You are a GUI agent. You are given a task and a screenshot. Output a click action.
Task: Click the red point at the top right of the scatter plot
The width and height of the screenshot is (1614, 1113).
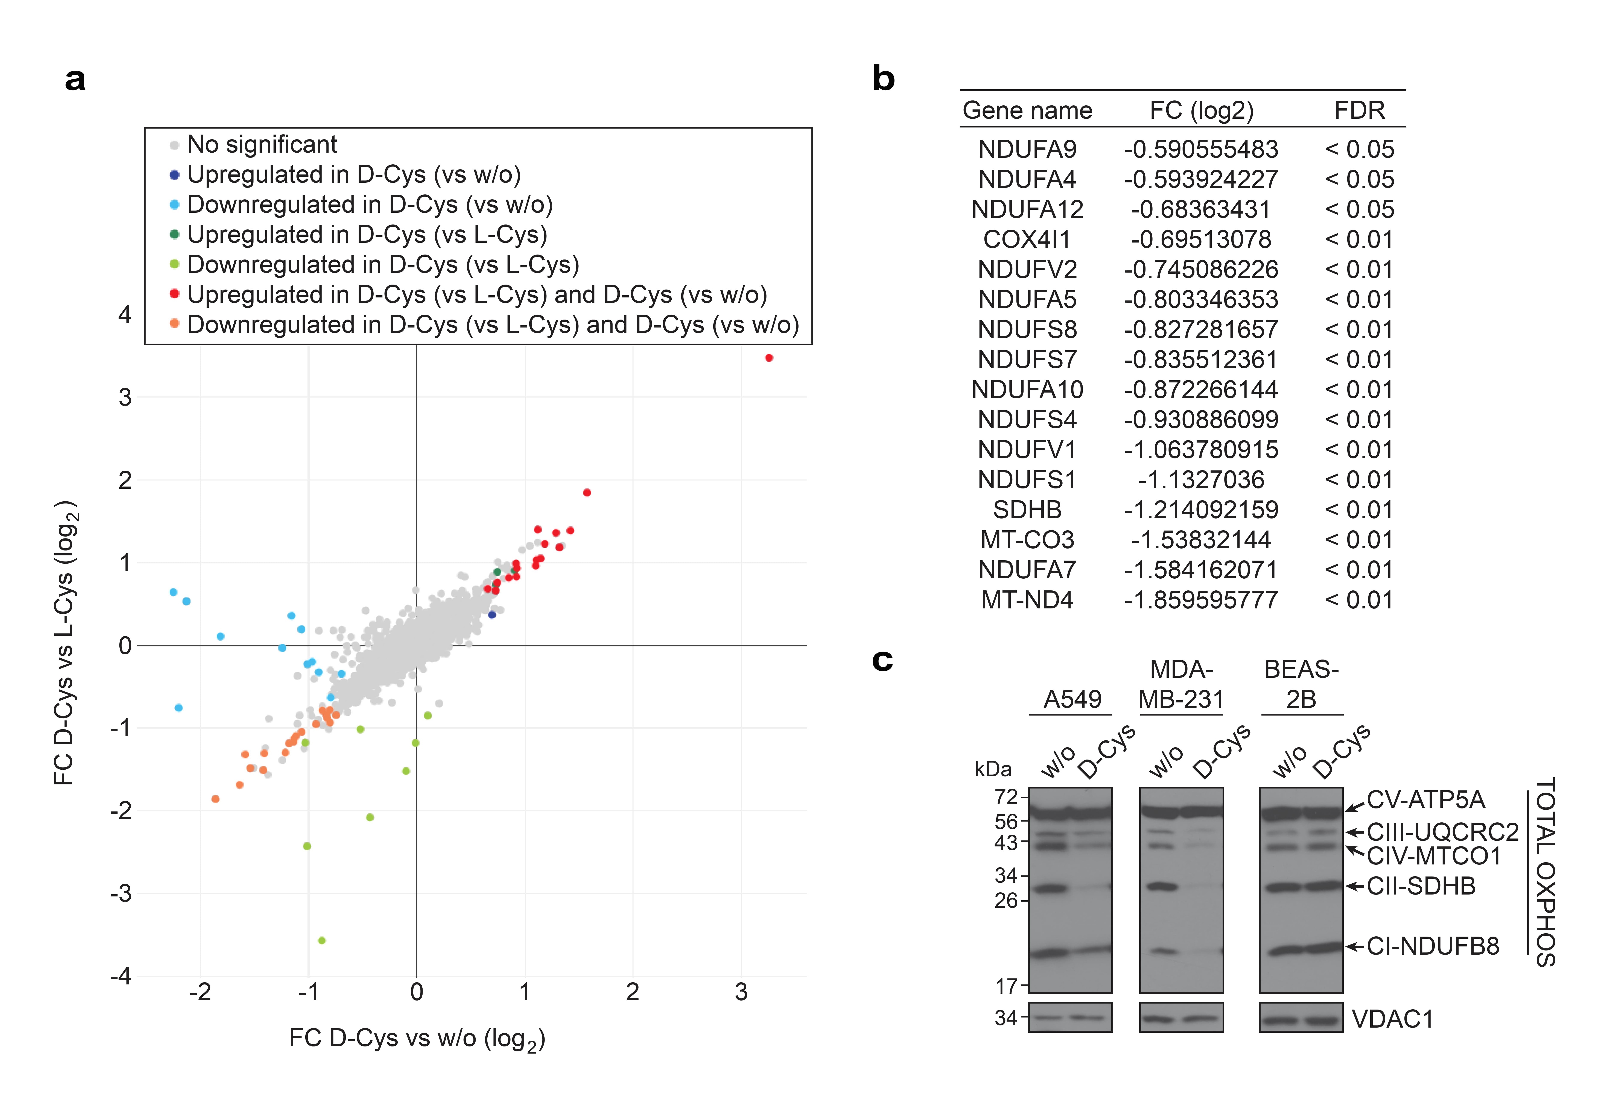(769, 358)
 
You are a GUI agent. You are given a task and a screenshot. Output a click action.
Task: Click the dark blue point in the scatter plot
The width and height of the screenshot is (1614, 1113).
(492, 614)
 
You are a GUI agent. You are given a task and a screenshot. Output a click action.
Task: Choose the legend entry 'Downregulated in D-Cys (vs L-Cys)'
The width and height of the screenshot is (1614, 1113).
(383, 264)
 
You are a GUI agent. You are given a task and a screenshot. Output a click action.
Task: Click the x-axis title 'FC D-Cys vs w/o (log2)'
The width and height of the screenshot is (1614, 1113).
(416, 1038)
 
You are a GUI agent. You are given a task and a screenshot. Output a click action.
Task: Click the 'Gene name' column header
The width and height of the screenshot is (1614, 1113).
(1027, 110)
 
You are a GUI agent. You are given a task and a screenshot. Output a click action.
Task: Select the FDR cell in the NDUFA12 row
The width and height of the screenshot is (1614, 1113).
(1359, 209)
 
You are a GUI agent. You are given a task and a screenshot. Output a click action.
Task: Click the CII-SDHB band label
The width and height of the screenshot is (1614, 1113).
(1421, 886)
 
